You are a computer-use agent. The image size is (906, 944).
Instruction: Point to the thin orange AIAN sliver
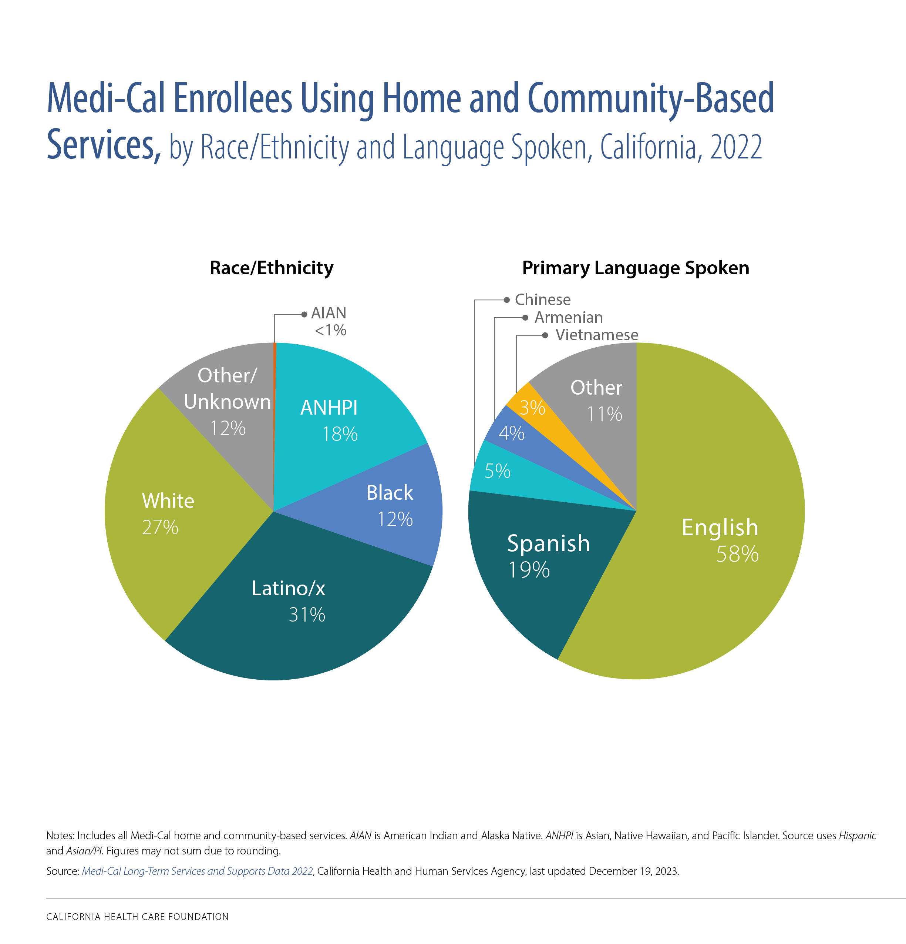(274, 385)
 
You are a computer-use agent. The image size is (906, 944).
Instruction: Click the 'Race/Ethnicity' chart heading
(271, 268)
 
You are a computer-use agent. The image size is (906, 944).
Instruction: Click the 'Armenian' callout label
(568, 317)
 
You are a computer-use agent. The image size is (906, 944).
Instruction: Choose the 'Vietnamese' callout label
(596, 335)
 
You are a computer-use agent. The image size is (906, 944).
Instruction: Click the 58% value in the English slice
(737, 554)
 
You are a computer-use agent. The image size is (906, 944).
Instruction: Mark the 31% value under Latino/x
(307, 615)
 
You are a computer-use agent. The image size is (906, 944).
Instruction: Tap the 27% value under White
(160, 528)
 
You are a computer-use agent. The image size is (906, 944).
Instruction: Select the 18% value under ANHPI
(339, 435)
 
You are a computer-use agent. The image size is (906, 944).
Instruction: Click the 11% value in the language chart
(604, 414)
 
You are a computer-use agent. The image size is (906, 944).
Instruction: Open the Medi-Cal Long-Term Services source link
(198, 871)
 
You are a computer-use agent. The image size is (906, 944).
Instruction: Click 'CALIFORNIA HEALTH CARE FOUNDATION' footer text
(137, 917)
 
